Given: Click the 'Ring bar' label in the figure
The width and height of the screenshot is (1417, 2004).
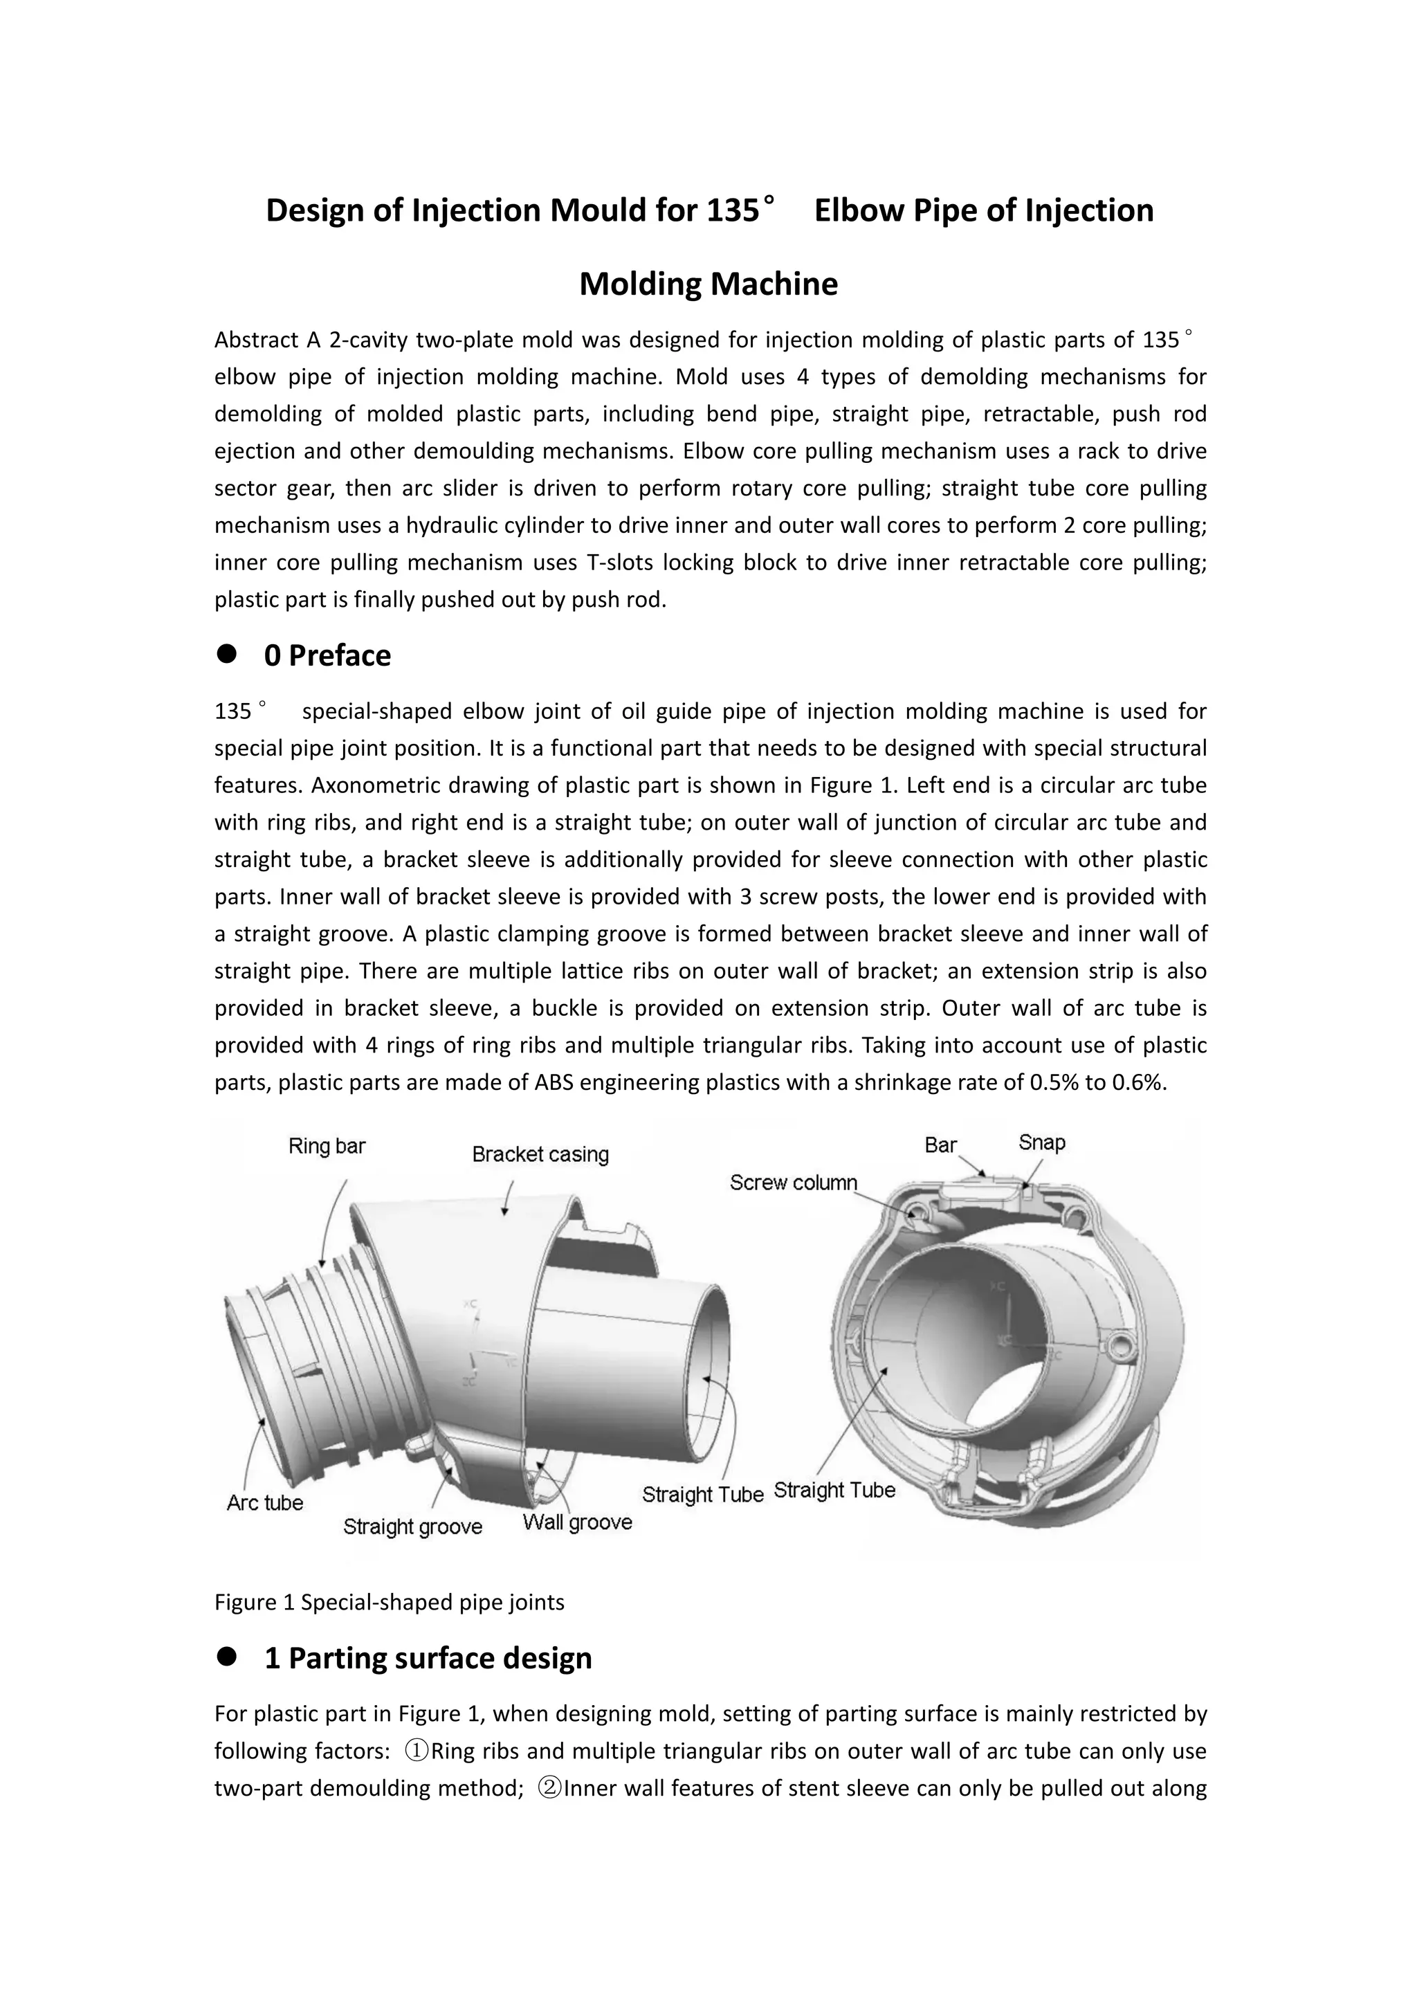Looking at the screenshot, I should point(327,1146).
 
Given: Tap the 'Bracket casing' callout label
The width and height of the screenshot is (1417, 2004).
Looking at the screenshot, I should point(540,1155).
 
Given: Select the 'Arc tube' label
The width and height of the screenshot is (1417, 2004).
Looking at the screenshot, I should point(264,1503).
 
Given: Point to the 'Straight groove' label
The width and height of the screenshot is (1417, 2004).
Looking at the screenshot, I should point(412,1527).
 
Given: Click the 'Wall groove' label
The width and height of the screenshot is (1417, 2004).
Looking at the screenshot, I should point(577,1522).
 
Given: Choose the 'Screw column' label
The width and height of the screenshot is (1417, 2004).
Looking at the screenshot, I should point(793,1183).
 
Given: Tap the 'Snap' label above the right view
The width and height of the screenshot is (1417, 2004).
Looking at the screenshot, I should point(1042,1142).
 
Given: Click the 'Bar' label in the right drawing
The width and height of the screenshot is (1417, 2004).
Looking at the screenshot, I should point(940,1145).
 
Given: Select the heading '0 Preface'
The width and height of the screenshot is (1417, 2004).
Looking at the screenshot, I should point(327,655).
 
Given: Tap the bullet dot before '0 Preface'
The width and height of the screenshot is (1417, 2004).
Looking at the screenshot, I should point(228,655).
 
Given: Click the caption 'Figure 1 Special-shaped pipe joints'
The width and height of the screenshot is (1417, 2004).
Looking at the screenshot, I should point(389,1603).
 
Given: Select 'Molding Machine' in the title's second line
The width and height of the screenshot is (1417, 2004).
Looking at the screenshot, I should point(708,284).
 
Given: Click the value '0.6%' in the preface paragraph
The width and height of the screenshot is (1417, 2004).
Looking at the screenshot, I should point(1142,1083).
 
